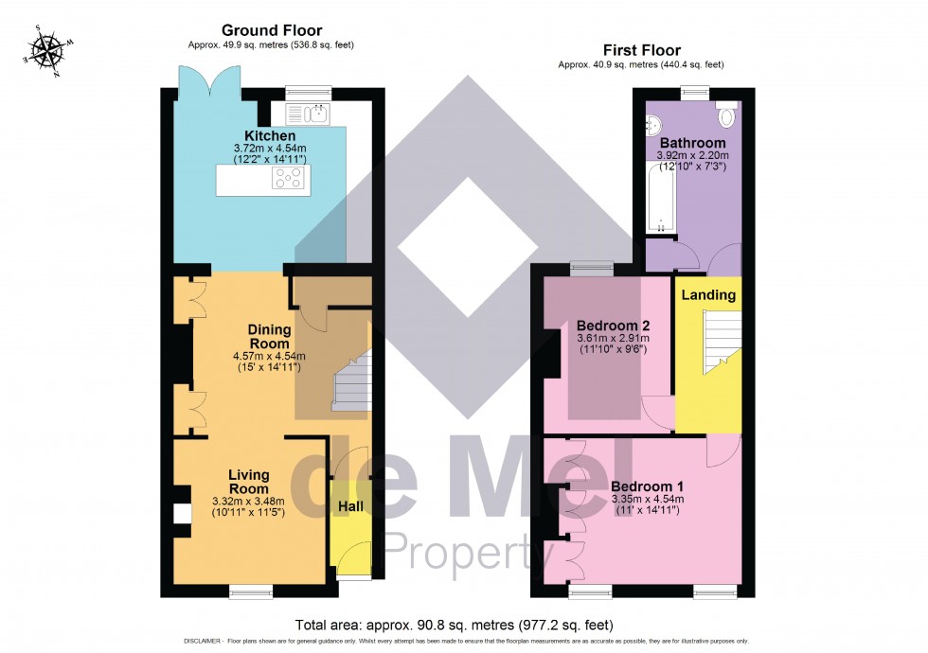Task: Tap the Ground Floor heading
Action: [271, 30]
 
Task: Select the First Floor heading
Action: [641, 50]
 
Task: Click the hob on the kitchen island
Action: [289, 179]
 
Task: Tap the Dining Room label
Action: [270, 335]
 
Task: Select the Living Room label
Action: [249, 481]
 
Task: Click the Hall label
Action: [350, 506]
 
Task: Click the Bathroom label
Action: [687, 143]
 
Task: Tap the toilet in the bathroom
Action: [728, 115]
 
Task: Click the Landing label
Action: [709, 294]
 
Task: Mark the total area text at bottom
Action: [454, 626]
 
